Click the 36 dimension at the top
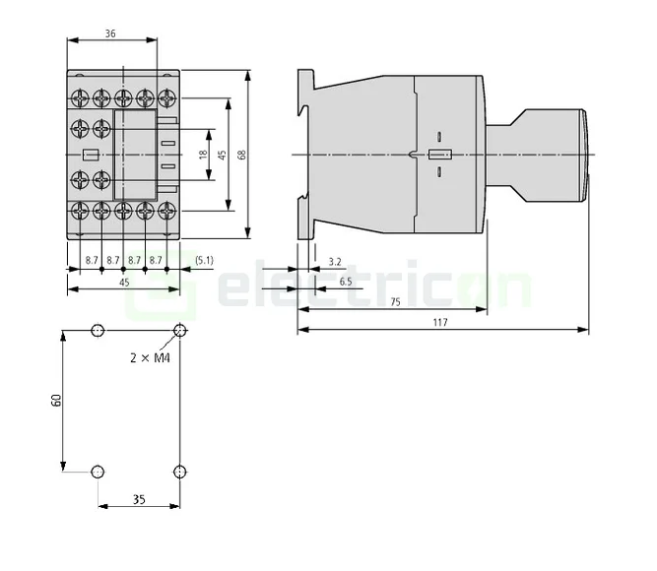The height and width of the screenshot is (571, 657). pos(110,33)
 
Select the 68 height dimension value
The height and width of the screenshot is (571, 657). pos(254,155)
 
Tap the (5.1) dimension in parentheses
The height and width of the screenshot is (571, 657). pos(204,260)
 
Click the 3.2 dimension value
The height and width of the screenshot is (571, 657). pos(334,261)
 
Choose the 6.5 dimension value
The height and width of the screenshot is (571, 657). pos(345,282)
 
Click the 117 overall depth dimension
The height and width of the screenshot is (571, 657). pos(439,324)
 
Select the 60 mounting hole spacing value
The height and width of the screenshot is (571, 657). pos(57,400)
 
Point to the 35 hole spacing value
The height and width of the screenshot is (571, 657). pos(138,500)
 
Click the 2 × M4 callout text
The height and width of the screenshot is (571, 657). pos(151,358)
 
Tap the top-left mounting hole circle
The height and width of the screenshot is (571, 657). pos(97,330)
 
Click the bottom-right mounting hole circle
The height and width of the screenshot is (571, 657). pos(179,472)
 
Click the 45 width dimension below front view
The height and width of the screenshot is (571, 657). pos(123,282)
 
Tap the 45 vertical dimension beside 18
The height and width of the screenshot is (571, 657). pos(223,155)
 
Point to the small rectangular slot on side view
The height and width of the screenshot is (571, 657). pos(437,155)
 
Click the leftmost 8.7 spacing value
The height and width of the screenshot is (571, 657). pos(91,260)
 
